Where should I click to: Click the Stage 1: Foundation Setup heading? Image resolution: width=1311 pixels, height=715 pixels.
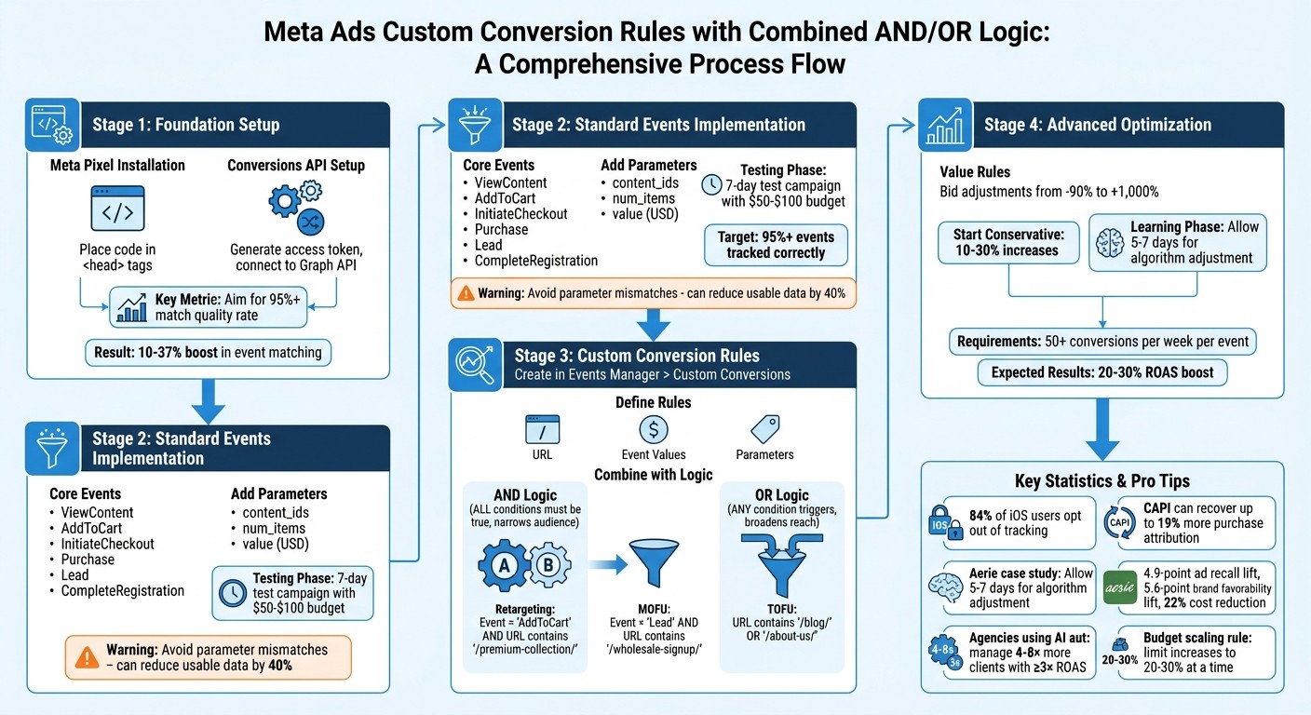click(185, 125)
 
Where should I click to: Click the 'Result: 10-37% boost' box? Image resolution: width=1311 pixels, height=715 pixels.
click(208, 352)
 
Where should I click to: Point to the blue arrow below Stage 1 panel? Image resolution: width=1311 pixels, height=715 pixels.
click(208, 399)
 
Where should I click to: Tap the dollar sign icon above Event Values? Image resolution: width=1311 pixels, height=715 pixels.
click(653, 429)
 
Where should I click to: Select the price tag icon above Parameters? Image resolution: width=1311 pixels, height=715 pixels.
click(764, 429)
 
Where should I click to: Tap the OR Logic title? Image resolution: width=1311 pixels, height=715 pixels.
click(781, 495)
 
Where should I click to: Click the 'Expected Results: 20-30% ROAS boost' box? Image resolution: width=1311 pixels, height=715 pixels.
click(1102, 372)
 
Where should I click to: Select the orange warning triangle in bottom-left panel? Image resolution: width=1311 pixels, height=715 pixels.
click(88, 657)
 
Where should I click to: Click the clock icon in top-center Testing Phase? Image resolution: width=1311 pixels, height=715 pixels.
click(710, 184)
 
